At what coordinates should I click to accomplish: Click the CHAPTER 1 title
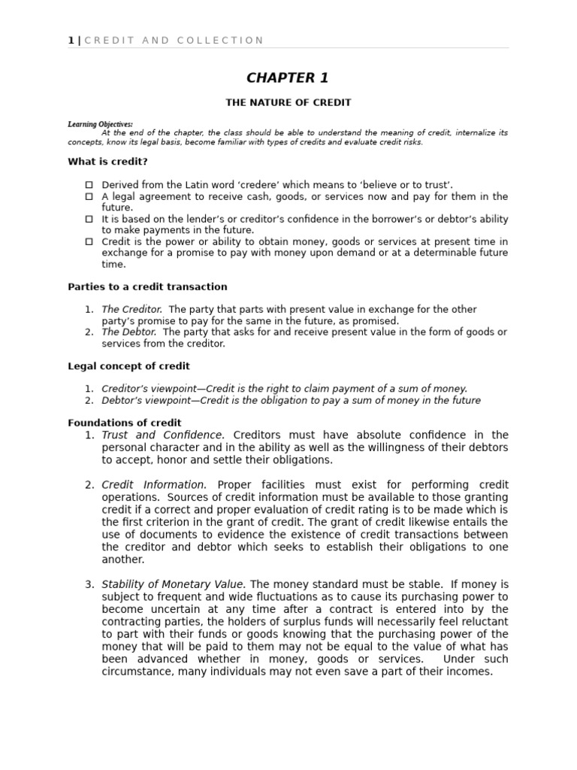pos(288,78)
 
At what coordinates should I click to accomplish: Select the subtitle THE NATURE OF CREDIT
pos(288,102)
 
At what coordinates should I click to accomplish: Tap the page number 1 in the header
pos(71,41)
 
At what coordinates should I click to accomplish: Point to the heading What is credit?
pos(107,162)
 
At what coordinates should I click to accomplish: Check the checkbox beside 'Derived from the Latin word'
pos(89,185)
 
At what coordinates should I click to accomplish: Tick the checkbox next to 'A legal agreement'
pos(89,196)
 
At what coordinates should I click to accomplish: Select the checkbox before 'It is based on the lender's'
pos(89,219)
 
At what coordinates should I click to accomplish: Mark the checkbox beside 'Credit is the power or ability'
pos(89,241)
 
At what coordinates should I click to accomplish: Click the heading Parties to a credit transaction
pos(147,287)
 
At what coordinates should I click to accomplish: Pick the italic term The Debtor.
pos(129,332)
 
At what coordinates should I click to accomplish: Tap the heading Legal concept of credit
pos(128,366)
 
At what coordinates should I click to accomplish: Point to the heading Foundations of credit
pos(124,423)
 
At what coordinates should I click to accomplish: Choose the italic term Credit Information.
pos(154,485)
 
